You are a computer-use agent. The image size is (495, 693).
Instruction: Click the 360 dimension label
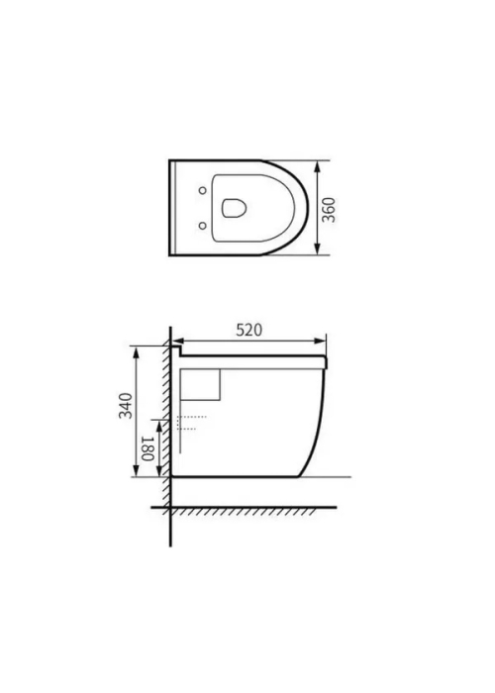point(329,210)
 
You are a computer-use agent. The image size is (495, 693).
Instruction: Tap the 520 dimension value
point(248,330)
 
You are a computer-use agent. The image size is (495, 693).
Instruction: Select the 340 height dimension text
point(126,405)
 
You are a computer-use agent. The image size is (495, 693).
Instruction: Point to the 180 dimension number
point(148,448)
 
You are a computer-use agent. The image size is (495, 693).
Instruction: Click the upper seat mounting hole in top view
point(202,190)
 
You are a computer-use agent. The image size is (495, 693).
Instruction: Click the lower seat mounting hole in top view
point(202,226)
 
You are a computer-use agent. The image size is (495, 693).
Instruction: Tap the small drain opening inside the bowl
point(234,208)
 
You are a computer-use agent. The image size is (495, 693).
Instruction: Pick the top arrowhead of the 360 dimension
point(318,166)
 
